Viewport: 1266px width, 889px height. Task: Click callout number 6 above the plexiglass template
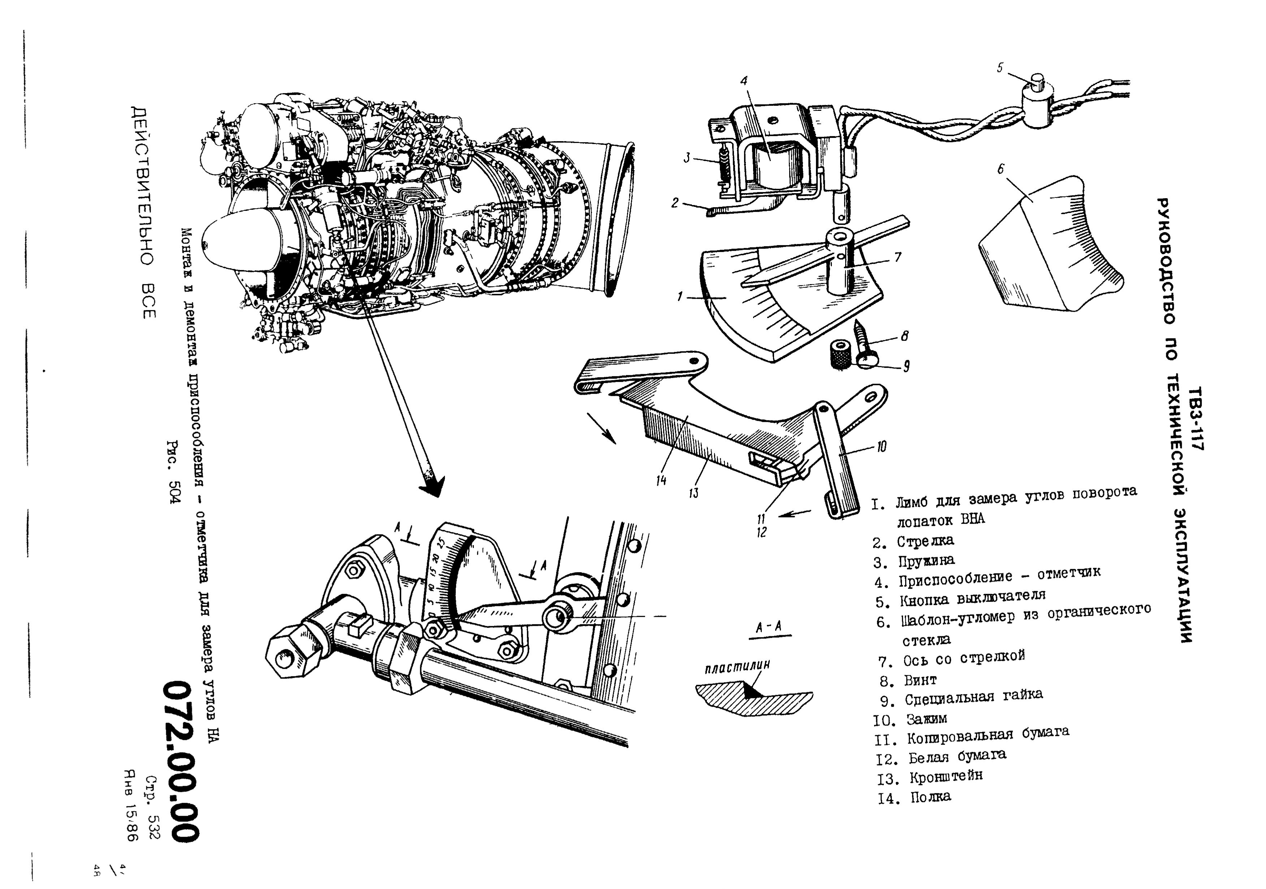click(1001, 169)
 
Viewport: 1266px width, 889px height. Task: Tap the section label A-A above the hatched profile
click(769, 627)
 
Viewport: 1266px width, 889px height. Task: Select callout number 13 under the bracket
click(693, 492)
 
